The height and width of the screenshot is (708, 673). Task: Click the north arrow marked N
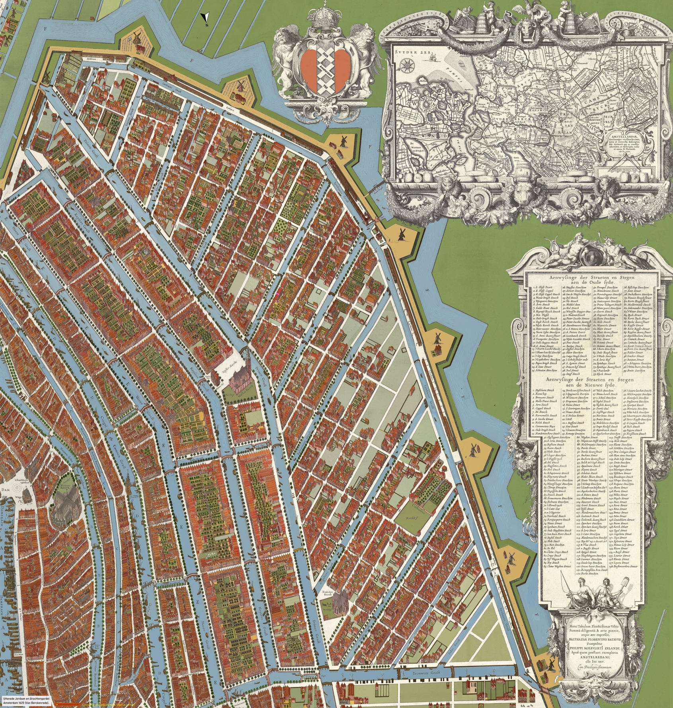(x=205, y=18)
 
